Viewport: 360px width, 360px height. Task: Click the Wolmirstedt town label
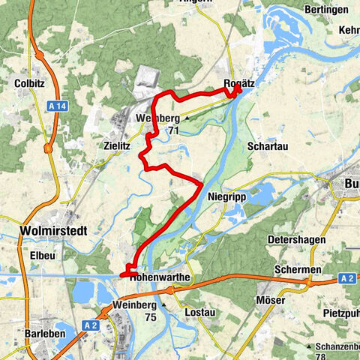51,232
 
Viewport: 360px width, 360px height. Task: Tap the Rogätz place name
239,84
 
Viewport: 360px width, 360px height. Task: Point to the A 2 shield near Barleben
91,325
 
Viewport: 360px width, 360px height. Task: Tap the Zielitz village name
117,148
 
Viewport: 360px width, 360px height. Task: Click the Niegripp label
223,196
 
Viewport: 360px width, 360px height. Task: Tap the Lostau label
199,309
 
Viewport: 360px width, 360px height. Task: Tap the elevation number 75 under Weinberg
150,317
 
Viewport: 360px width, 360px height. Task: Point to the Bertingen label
327,10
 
